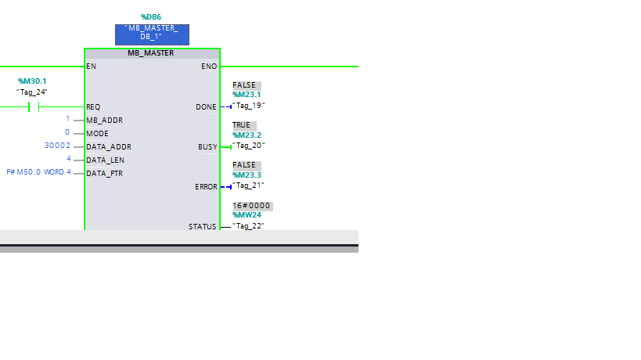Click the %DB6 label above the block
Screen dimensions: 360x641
coord(150,16)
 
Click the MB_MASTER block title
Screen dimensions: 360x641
coord(151,53)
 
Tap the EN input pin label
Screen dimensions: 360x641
coord(92,67)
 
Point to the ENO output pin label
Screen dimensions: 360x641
coord(209,67)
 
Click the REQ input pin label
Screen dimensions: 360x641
coord(93,106)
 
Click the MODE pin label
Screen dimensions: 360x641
coord(97,133)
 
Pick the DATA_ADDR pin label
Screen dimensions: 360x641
coord(108,146)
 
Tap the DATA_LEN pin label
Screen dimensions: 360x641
coord(106,160)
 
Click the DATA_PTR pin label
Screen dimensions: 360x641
coord(104,173)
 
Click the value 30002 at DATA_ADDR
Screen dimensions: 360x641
coord(58,146)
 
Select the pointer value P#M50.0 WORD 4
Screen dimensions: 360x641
coord(38,172)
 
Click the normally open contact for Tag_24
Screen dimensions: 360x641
coord(34,106)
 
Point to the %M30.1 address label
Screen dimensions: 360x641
coord(32,81)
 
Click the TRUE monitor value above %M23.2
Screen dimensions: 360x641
coord(241,125)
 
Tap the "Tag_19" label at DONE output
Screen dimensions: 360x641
coord(249,106)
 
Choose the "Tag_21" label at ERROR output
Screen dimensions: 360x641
coord(249,185)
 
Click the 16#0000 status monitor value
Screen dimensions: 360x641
coord(251,205)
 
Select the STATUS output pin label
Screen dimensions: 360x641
coord(202,226)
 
